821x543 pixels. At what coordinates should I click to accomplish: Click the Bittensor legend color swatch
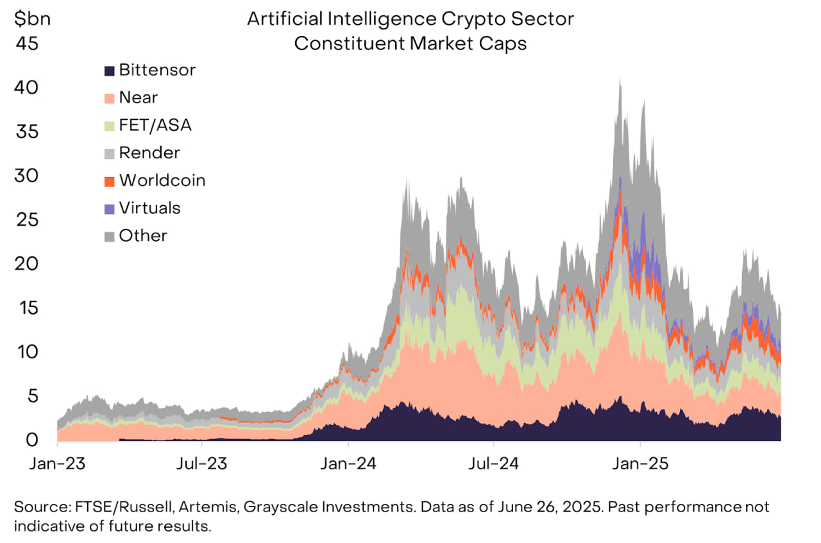click(110, 70)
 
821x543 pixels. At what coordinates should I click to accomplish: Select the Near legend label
click(138, 97)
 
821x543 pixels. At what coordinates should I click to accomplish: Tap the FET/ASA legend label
click(155, 125)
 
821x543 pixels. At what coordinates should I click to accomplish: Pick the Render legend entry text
click(149, 153)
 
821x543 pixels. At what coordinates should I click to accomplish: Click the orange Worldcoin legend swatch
click(110, 181)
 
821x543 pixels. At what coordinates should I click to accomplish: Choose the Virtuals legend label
click(149, 208)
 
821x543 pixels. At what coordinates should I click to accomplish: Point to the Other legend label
click(143, 235)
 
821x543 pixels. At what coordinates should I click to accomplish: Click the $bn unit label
click(31, 19)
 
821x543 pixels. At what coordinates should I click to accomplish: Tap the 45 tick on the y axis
click(26, 44)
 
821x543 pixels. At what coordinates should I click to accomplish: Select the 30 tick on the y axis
click(26, 176)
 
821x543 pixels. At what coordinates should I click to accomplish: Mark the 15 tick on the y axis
click(26, 308)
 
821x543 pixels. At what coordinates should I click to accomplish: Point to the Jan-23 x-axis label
click(56, 462)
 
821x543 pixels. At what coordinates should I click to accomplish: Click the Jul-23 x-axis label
click(202, 462)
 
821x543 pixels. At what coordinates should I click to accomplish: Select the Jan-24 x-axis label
click(348, 462)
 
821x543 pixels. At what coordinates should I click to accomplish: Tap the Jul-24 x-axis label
click(494, 462)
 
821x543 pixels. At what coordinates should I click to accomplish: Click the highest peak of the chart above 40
click(619, 80)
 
